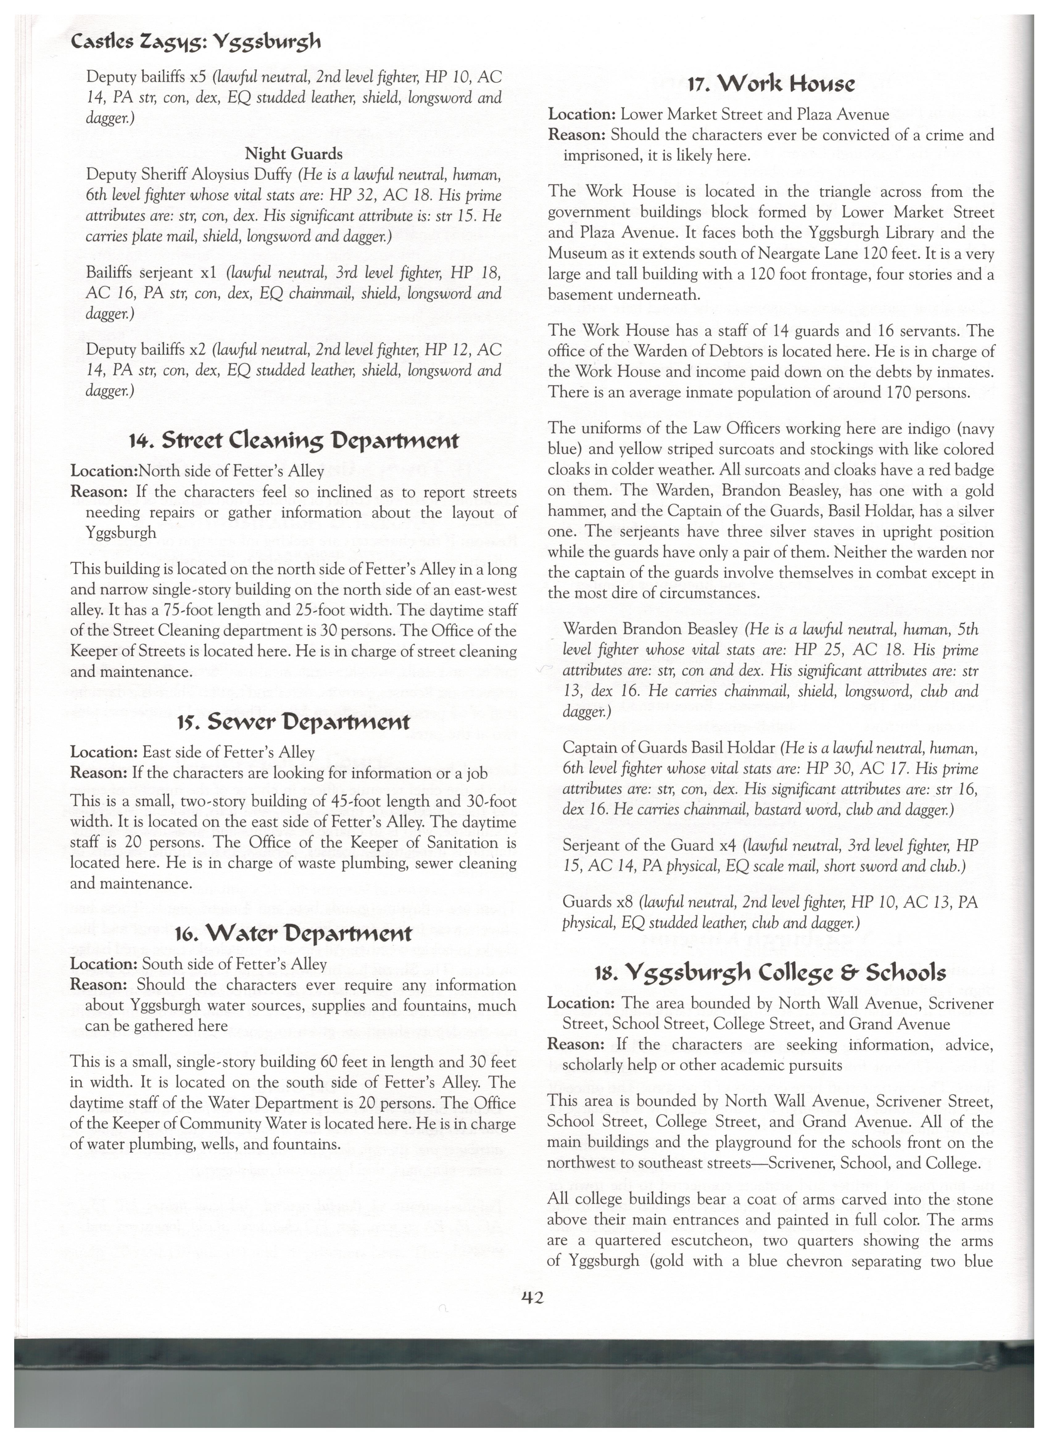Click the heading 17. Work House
click(771, 83)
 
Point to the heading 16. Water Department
click(293, 933)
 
